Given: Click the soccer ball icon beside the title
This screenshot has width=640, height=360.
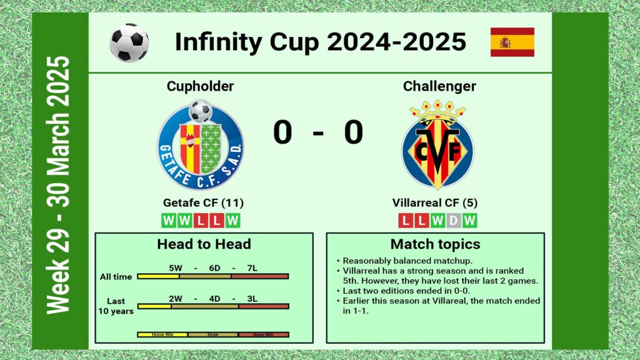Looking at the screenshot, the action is tap(129, 42).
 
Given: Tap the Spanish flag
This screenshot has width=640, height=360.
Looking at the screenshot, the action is tap(512, 42).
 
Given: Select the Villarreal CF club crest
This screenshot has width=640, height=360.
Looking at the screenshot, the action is tap(437, 145).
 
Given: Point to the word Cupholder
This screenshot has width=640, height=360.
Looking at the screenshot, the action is tap(200, 86).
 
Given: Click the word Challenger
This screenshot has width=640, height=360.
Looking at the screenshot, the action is tap(439, 86).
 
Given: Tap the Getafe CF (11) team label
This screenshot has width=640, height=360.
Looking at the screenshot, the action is tap(203, 203).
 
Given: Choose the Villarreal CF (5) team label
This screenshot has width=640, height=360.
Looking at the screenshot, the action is tap(435, 203).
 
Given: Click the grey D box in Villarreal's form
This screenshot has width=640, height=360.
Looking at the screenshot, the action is tap(454, 221).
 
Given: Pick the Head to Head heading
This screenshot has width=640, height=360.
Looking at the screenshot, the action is tap(204, 244).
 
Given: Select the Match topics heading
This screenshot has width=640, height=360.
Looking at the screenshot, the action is tap(435, 244).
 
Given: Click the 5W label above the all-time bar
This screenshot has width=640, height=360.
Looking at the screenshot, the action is tap(176, 268).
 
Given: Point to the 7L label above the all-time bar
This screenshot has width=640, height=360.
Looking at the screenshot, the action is tap(252, 268).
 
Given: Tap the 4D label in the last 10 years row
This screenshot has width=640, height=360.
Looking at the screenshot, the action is tap(215, 299).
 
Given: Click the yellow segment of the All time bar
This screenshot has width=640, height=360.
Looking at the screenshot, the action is tap(158, 276).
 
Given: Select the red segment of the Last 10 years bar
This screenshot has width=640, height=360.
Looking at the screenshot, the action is tap(264, 306).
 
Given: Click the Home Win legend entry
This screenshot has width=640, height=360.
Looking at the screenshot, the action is tap(162, 335).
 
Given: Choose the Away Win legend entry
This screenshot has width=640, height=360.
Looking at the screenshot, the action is tap(263, 335).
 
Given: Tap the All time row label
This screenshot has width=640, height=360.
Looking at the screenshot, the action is tap(116, 277).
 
